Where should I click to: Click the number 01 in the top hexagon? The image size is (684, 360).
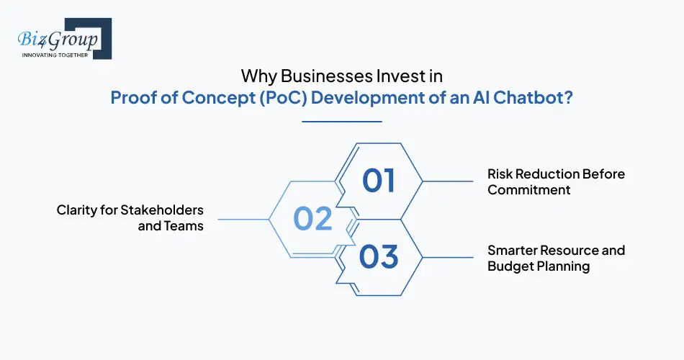[379, 180]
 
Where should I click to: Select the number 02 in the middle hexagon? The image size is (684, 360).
[312, 219]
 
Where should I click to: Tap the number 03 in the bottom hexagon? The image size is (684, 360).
[379, 257]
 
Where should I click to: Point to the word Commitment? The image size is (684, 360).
[528, 190]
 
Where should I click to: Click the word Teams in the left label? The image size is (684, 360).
[185, 226]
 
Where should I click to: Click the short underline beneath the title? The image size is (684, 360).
[341, 122]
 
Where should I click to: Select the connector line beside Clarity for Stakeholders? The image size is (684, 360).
[242, 219]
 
